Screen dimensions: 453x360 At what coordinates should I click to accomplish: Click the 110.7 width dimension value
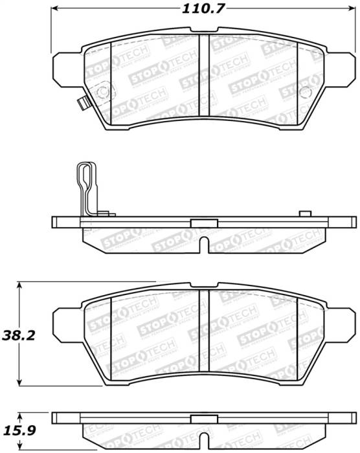198,8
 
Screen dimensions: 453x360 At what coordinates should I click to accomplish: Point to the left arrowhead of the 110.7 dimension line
55,8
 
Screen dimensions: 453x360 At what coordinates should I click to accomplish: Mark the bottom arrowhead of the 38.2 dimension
21,381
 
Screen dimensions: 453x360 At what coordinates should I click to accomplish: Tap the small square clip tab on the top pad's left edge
82,102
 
